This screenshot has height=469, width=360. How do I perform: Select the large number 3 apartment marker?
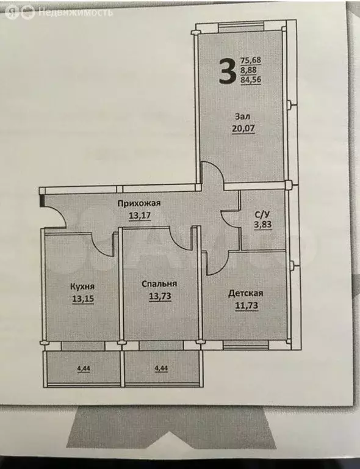[x=227, y=71]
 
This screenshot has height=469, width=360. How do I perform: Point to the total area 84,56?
[x=250, y=79]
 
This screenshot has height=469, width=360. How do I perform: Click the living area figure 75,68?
[x=250, y=60]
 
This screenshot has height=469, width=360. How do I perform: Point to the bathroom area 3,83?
[x=262, y=225]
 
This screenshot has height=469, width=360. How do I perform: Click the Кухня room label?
[x=82, y=286]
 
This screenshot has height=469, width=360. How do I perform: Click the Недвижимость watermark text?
[x=75, y=12]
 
